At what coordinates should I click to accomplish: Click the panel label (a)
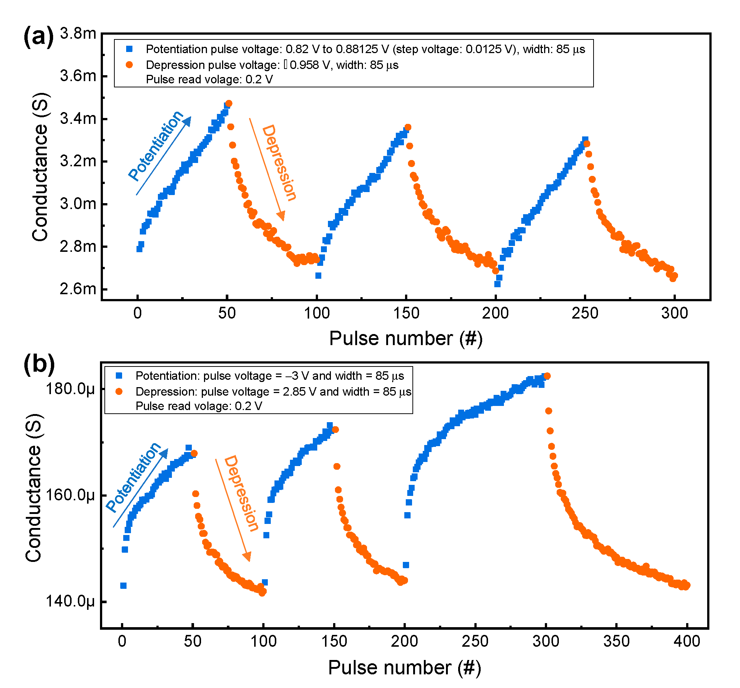click(x=38, y=37)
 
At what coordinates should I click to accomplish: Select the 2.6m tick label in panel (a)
click(x=78, y=289)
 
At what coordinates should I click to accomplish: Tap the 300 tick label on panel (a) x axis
click(x=674, y=313)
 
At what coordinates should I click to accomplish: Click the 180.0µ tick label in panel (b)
click(x=70, y=389)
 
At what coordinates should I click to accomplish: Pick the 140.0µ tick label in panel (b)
click(x=70, y=601)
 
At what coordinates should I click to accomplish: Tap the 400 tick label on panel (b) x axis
click(x=687, y=641)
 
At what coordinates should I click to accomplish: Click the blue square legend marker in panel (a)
click(x=129, y=49)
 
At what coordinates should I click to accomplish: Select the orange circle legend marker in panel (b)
click(x=119, y=392)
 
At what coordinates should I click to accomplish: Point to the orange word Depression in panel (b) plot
click(x=241, y=493)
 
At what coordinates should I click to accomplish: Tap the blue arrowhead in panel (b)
click(x=165, y=452)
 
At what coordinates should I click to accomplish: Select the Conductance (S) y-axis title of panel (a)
click(x=40, y=167)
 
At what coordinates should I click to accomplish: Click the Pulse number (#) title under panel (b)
click(x=404, y=667)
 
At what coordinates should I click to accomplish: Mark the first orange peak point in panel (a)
click(x=229, y=104)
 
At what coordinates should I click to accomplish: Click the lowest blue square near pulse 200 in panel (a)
click(x=497, y=284)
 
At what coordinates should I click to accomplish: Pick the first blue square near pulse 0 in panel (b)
click(x=123, y=586)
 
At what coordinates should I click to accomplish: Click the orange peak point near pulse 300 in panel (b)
click(x=547, y=376)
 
